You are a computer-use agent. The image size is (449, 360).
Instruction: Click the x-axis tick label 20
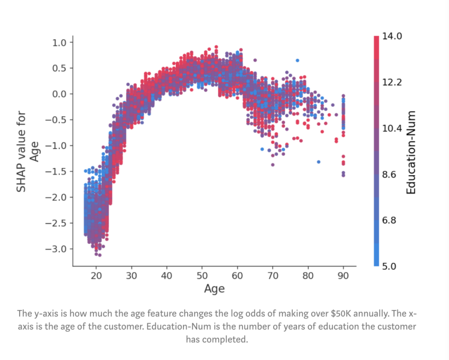tap(96, 276)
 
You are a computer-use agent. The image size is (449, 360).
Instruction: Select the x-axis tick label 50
tap(202, 276)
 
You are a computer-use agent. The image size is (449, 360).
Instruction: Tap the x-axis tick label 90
tap(343, 276)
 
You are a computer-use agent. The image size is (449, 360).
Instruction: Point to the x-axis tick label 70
tap(273, 276)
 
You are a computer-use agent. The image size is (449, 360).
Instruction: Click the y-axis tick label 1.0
tap(60, 42)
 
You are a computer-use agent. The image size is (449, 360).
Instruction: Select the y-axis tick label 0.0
tap(60, 94)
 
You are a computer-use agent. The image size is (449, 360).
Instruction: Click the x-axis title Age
tap(214, 288)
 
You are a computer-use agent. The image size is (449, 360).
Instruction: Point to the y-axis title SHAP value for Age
tap(27, 151)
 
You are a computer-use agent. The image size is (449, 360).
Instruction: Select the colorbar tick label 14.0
tap(392, 37)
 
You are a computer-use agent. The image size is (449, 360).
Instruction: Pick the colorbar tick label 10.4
tap(392, 128)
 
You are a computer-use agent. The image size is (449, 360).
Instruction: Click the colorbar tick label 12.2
tap(392, 82)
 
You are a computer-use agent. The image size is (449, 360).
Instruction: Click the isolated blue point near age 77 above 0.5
tap(297, 60)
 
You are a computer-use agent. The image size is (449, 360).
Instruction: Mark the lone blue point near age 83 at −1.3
tap(318, 162)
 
